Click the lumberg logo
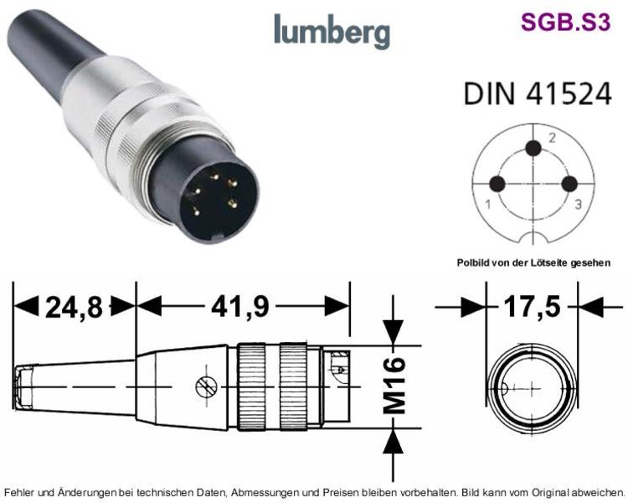[332, 30]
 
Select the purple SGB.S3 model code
[565, 22]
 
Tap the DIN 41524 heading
[538, 93]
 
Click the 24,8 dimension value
[74, 308]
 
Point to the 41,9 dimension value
[240, 307]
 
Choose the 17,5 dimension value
[532, 307]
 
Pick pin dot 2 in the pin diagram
[533, 148]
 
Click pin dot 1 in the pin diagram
[497, 184]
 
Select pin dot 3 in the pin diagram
[569, 184]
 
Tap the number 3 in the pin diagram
[579, 205]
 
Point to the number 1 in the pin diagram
[488, 205]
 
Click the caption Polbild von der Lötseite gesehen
[534, 262]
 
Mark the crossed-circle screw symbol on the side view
[206, 387]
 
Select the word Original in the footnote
[548, 492]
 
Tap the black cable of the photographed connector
[52, 52]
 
